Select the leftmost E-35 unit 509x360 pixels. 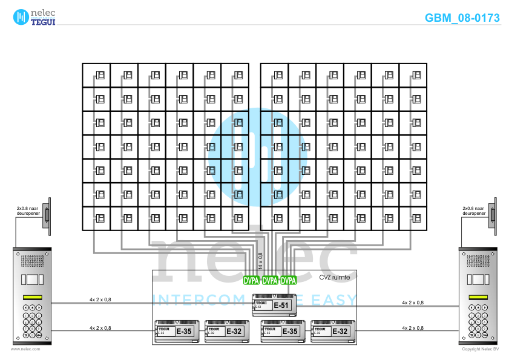point(177,331)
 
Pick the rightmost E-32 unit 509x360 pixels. point(332,331)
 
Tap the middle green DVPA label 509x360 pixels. point(270,281)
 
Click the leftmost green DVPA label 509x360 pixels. point(251,281)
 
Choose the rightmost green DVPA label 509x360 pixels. point(289,281)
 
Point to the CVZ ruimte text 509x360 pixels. point(334,277)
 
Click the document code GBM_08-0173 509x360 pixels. point(462,18)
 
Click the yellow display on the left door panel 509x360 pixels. point(32,297)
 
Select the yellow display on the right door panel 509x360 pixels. point(478,297)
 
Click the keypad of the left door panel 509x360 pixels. point(33,321)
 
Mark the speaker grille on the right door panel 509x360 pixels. point(478,261)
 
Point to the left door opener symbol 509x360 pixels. point(47,215)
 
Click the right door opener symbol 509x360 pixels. point(493,215)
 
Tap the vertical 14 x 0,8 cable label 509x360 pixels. point(261,261)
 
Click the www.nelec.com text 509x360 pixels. point(25,349)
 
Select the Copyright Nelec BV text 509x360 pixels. point(480,349)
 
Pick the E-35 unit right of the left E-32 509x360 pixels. point(281,331)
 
